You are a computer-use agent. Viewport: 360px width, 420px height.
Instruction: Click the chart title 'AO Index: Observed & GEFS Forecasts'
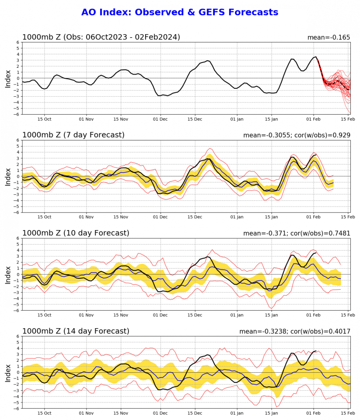180,12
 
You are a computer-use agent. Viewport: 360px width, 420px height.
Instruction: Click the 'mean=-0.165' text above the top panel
329,38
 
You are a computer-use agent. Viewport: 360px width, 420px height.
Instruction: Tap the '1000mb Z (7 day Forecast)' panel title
73,135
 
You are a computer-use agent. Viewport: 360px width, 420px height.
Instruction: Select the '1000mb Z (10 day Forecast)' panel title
76,233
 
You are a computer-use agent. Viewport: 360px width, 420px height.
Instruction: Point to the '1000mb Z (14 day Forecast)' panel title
76,331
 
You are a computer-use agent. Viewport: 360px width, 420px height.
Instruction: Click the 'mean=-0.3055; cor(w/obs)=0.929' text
297,136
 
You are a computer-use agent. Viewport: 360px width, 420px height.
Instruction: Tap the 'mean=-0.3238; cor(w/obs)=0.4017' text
295,332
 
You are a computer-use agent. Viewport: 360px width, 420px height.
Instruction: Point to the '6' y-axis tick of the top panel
18,42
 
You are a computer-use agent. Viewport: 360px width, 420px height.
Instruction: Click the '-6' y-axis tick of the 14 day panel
17,409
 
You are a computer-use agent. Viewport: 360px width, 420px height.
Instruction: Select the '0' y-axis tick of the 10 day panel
18,274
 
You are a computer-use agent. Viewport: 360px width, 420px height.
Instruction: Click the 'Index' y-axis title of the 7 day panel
8,176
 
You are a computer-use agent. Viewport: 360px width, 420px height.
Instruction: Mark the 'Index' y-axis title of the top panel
8,78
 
